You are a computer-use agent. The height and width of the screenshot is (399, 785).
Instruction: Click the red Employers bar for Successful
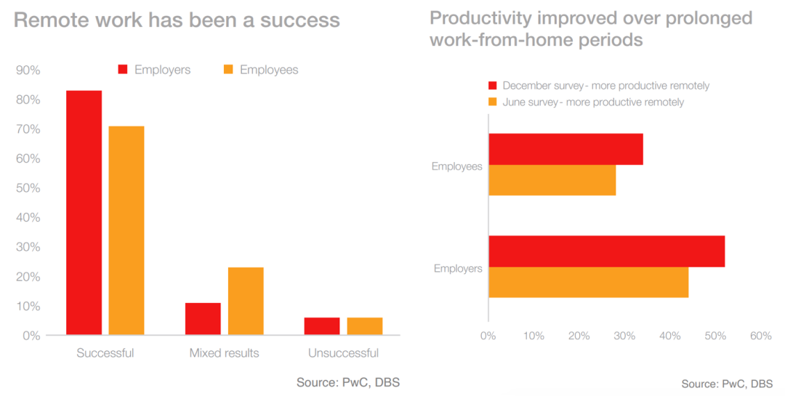click(84, 212)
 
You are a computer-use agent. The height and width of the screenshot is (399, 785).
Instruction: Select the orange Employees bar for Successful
click(126, 230)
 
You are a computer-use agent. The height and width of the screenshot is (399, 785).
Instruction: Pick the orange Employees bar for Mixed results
click(246, 301)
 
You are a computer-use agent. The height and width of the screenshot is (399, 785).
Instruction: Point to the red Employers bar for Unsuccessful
click(322, 326)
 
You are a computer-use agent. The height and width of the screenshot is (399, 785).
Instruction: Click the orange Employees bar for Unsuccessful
click(364, 326)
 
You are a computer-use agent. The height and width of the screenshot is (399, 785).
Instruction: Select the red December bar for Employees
click(565, 149)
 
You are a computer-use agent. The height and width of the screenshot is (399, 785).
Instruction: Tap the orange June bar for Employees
click(552, 180)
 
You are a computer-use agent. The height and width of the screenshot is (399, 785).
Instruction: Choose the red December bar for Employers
click(606, 251)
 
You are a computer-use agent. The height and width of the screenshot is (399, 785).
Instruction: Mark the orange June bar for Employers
click(588, 282)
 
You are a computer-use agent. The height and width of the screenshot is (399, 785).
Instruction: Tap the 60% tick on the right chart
click(760, 336)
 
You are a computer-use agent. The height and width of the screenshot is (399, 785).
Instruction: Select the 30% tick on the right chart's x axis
click(624, 336)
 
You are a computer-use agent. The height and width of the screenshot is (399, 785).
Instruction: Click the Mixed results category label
click(224, 354)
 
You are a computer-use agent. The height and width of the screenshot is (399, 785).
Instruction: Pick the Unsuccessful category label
click(343, 354)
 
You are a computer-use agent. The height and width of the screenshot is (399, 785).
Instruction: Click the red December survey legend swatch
click(492, 86)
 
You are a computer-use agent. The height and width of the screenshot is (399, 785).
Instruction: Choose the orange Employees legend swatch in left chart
click(228, 70)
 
